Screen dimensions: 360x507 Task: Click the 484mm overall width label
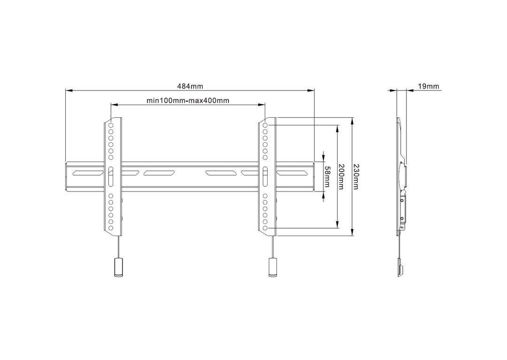click(190, 86)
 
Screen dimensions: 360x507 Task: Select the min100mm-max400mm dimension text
click(188, 100)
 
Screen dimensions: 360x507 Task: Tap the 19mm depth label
click(428, 86)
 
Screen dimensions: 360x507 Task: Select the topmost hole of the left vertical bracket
click(111, 126)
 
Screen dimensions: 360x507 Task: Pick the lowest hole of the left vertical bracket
click(111, 228)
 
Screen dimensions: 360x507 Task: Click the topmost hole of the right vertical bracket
click(265, 126)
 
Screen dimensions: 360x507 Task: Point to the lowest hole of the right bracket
click(265, 228)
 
